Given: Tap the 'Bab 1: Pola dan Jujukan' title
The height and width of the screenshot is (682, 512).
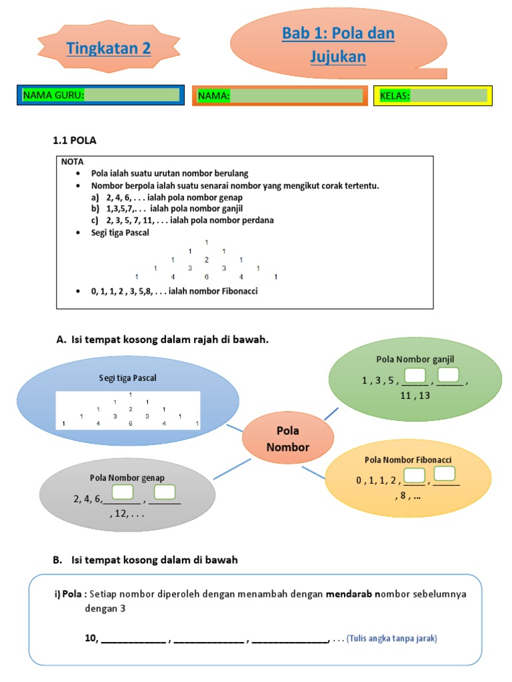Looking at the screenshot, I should coord(338,45).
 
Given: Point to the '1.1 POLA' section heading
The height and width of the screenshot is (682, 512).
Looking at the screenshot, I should coord(75,140).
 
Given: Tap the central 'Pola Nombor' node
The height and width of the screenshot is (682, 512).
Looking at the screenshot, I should coord(288,440).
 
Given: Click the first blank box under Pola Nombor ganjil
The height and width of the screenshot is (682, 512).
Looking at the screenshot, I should coord(415,376).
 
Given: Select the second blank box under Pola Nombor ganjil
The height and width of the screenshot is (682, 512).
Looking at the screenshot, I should coord(449,376).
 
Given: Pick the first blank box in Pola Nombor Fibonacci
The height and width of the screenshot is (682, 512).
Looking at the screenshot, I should coord(415,476).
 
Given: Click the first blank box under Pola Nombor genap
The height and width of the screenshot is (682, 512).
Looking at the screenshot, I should coord(123,493).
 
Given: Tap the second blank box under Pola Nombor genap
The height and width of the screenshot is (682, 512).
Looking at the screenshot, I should coord(165,493).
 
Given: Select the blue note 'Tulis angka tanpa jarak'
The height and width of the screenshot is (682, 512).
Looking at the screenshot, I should coord(391,639).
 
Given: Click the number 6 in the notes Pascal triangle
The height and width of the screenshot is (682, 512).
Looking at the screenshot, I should coord(207,276).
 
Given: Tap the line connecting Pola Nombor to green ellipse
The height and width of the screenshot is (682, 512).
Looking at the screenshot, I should coord(331,414).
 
